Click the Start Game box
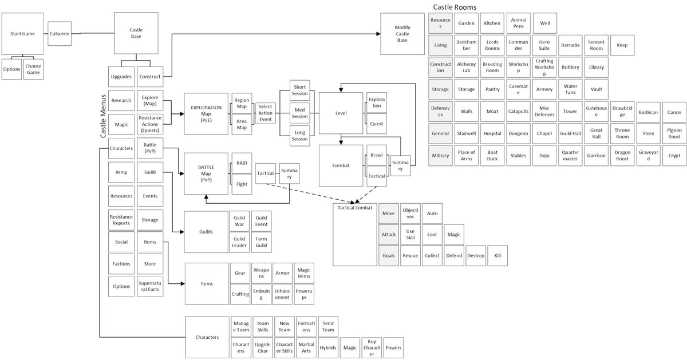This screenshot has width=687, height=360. click(x=23, y=34)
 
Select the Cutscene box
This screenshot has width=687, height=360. click(x=60, y=34)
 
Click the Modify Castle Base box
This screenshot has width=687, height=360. click(x=402, y=34)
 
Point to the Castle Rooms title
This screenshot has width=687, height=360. click(x=455, y=7)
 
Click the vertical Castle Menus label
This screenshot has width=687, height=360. click(x=104, y=116)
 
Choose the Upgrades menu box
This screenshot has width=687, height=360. click(x=121, y=77)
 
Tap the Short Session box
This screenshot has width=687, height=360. click(x=300, y=90)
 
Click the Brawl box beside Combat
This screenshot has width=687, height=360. click(x=376, y=155)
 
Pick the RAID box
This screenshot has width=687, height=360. click(x=241, y=163)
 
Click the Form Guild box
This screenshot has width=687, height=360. click(x=261, y=242)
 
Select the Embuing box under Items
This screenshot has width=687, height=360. click(x=261, y=294)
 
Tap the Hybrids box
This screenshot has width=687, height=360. click(x=328, y=347)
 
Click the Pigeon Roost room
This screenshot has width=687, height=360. click(x=674, y=134)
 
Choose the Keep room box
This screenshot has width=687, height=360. click(x=622, y=45)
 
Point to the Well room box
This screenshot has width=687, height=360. click(x=544, y=23)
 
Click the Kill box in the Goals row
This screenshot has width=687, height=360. click(x=498, y=255)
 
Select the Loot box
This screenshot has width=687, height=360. click(x=432, y=235)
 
